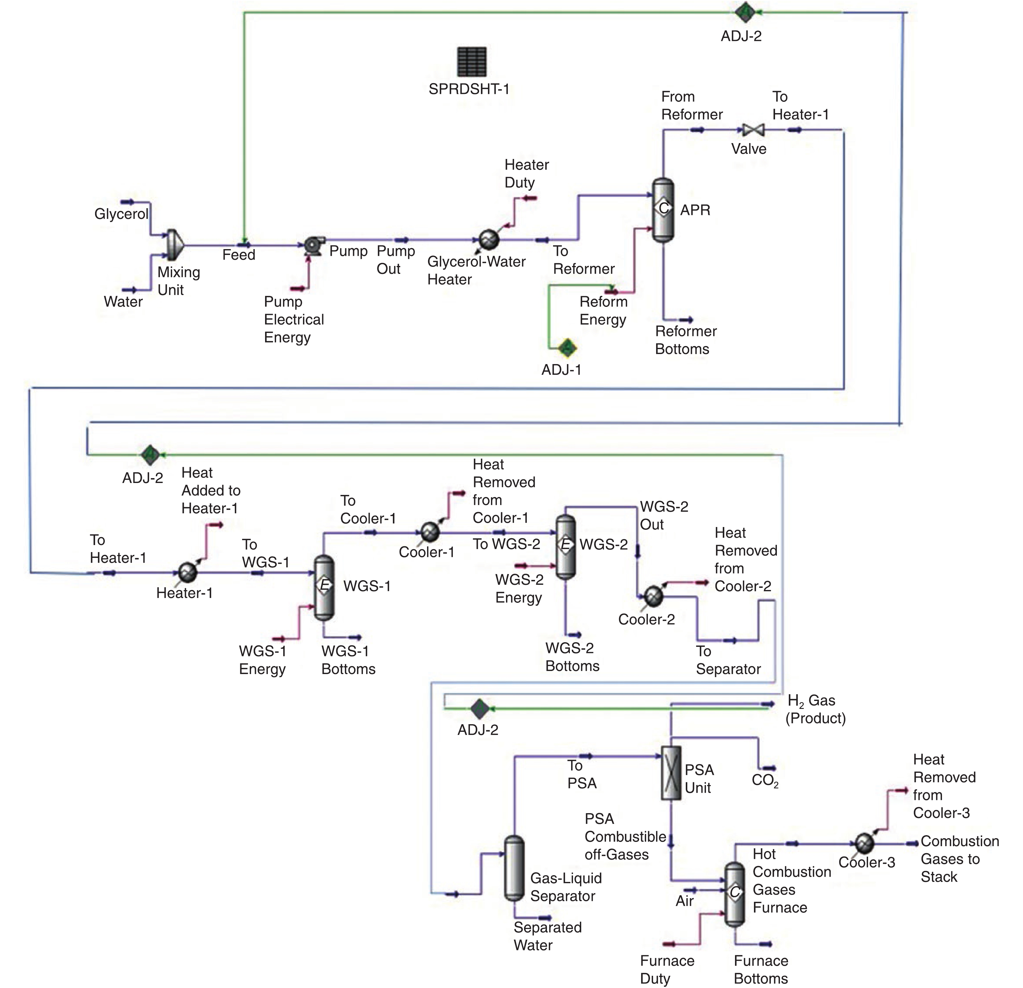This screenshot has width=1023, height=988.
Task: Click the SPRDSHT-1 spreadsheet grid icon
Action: coord(471,61)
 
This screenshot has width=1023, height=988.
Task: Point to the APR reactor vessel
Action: coord(663,210)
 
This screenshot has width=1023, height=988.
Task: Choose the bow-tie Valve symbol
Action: coord(753,130)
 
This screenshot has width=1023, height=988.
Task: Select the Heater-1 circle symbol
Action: coord(187,573)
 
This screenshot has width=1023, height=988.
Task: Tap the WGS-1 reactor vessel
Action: coord(324,587)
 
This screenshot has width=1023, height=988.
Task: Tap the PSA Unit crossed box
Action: coord(671,773)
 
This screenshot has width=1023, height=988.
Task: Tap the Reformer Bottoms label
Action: coord(685,340)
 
